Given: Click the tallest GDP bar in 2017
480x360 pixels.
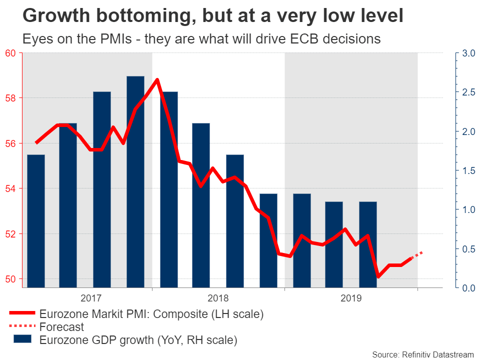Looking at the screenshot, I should coord(135,182).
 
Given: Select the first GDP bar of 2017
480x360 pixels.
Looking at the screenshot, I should coord(36,221).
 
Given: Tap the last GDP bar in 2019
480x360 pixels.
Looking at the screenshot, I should coord(368,244).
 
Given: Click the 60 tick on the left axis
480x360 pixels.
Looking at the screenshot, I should coord(10,53).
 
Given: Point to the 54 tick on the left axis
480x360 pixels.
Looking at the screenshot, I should coord(10,188).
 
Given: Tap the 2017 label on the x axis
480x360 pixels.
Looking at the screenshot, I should coord(90,298).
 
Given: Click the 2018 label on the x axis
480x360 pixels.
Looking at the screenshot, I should coord(218,298).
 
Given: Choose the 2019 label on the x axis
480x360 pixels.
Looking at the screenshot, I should coord(351,298).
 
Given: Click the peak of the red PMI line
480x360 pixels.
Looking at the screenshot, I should coord(157,80).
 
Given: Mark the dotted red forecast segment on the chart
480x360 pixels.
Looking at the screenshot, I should coord(417,255).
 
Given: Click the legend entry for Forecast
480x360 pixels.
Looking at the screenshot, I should coord(62,327).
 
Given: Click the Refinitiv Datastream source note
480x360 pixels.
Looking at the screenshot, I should coord(422,354).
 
